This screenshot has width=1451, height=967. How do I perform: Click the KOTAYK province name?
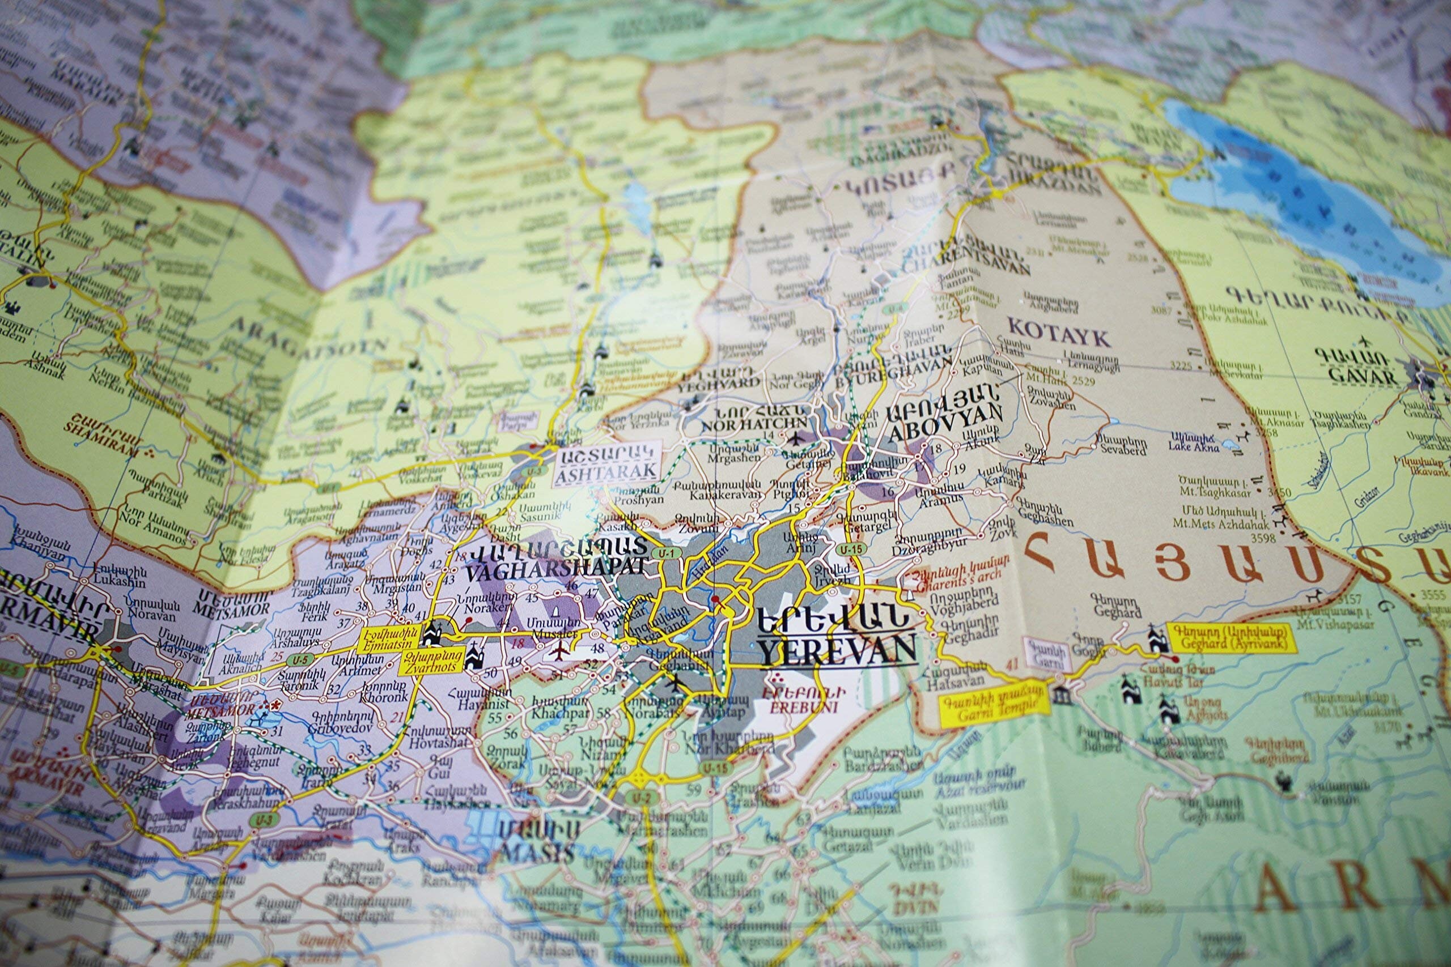point(1058,335)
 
